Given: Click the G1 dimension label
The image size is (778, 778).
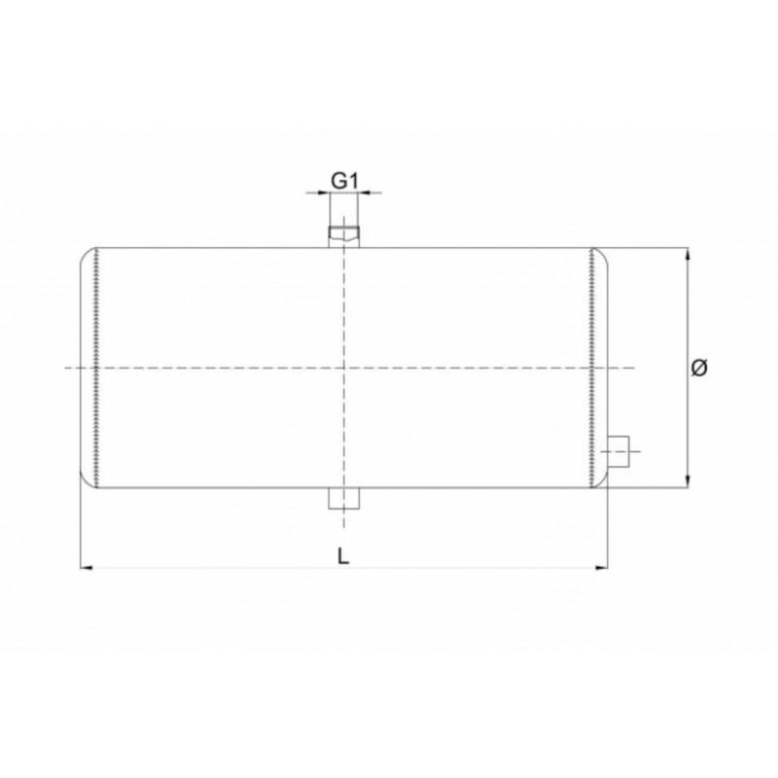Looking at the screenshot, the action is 344,181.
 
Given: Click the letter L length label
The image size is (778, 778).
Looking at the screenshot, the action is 343,556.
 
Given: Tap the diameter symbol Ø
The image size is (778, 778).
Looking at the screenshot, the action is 699,368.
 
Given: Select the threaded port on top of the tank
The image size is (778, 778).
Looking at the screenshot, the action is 343,236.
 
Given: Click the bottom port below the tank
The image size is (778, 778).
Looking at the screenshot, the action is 343,499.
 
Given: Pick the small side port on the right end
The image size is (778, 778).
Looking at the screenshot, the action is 619,451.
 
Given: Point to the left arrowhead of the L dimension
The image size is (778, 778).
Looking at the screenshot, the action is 87,567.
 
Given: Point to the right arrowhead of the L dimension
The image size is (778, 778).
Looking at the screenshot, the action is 601,567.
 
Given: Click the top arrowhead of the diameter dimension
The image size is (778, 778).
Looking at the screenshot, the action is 688,254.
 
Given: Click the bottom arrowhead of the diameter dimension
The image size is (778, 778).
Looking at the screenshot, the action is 688,481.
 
